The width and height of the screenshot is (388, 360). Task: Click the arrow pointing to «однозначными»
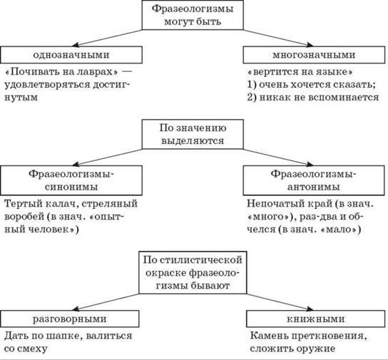click(108, 38)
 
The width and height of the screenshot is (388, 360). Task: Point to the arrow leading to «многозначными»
click(278, 38)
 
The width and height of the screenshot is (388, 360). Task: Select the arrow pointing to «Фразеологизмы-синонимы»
click(108, 158)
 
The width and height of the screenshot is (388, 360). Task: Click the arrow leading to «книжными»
click(280, 302)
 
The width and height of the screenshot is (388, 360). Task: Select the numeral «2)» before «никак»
click(252, 97)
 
